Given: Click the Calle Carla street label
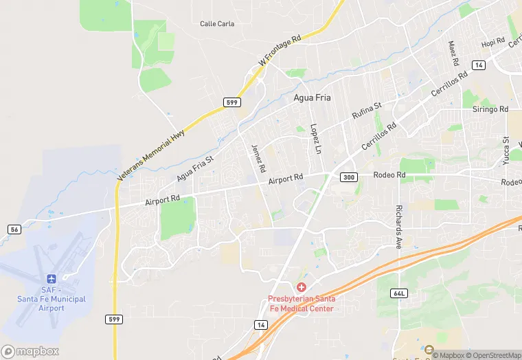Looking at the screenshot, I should [x=217, y=24].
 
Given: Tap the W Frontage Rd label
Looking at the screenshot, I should [x=280, y=52].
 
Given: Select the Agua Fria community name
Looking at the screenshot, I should [x=312, y=98].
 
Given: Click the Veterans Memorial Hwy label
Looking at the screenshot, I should [x=151, y=155].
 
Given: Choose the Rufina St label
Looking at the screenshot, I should [x=367, y=111].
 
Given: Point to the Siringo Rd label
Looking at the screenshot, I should [x=490, y=109].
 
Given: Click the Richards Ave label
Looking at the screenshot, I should [x=398, y=226].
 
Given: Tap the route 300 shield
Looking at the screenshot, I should [x=349, y=177].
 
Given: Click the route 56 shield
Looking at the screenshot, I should [x=14, y=229].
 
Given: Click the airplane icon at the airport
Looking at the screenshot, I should [x=52, y=279].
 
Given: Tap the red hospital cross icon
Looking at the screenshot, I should [x=301, y=286].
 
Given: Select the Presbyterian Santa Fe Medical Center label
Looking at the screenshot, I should [x=301, y=304].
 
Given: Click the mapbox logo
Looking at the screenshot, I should [x=30, y=351].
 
